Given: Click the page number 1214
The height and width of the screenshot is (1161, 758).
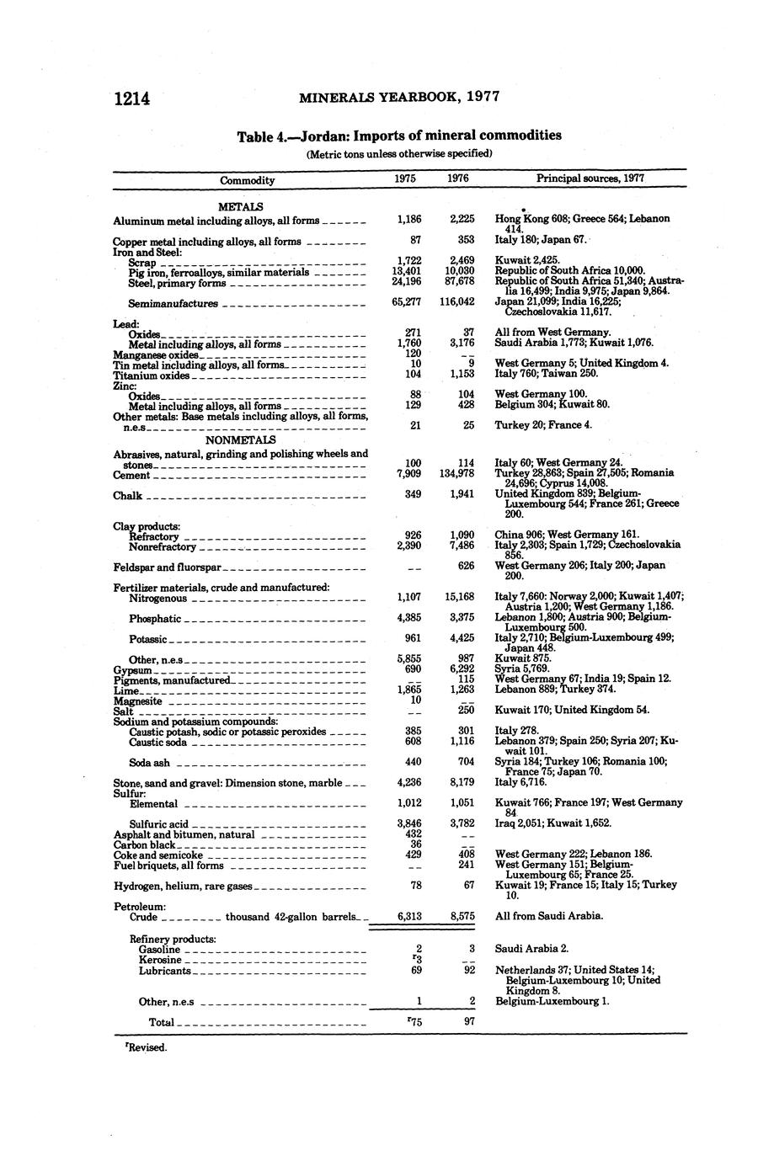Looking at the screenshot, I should pyautogui.click(x=132, y=98).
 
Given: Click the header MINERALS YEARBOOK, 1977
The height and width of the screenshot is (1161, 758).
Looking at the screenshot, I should pyautogui.click(x=399, y=97).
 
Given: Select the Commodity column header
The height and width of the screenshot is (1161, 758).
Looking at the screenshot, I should pyautogui.click(x=247, y=180).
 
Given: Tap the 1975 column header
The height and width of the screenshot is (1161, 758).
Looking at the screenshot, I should pyautogui.click(x=406, y=178).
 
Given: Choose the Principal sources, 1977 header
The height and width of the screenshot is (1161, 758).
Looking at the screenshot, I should pyautogui.click(x=590, y=178).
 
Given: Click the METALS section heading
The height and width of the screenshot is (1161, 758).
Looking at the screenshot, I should pyautogui.click(x=240, y=206).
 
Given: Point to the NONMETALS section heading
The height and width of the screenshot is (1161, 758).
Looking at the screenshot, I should pyautogui.click(x=240, y=439).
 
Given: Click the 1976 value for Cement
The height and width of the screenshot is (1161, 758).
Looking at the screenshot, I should pyautogui.click(x=457, y=473).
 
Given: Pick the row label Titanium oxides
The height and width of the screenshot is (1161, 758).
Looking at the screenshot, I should pyautogui.click(x=152, y=375).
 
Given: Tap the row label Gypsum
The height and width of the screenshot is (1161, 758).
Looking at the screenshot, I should pyautogui.click(x=131, y=670).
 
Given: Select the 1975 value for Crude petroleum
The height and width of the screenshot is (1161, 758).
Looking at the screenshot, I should pyautogui.click(x=408, y=916).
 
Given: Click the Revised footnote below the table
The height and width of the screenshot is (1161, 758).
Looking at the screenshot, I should pyautogui.click(x=147, y=1048).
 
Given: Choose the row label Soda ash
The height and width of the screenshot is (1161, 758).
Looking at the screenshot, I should pyautogui.click(x=149, y=763).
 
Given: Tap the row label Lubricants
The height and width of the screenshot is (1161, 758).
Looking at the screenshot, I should pyautogui.click(x=165, y=971).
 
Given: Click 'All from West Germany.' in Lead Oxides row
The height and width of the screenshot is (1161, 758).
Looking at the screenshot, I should pyautogui.click(x=552, y=333).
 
